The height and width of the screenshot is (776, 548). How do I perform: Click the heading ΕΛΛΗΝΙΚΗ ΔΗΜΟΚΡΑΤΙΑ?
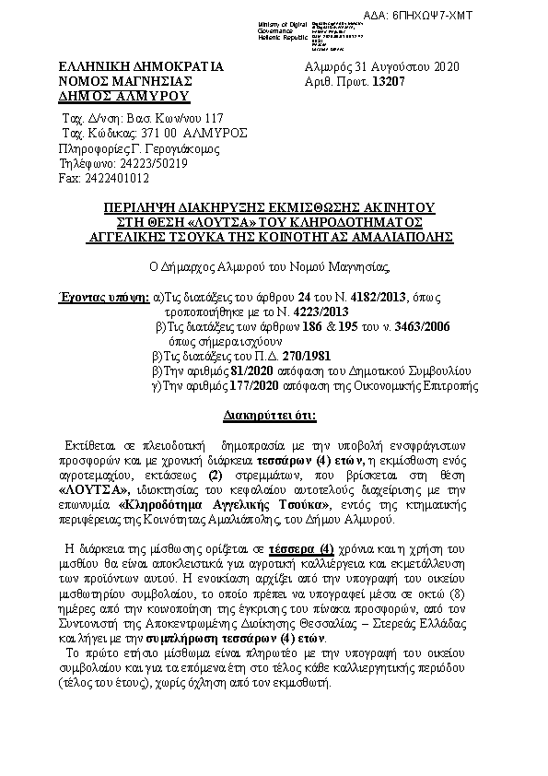141,67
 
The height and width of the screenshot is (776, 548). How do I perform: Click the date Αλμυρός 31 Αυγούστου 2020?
381,67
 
